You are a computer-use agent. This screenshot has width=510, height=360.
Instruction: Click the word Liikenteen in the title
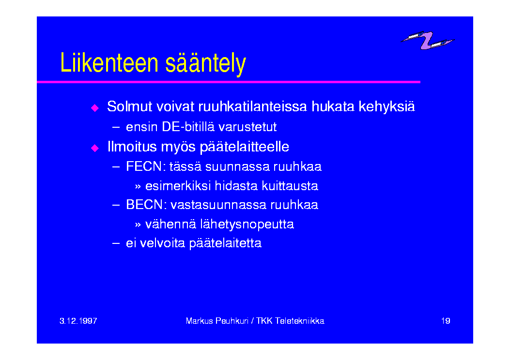tap(109, 63)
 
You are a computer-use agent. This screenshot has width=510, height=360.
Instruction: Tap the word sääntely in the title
tap(205, 64)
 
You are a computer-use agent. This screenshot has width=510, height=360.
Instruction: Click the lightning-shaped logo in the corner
tap(427, 40)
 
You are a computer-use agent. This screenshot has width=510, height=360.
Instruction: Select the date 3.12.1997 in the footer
tap(78, 321)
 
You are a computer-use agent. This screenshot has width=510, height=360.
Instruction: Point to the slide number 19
tap(446, 321)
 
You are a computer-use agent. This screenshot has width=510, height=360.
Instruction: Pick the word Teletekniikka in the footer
tap(300, 321)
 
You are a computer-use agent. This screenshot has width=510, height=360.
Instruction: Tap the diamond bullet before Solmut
tap(95, 108)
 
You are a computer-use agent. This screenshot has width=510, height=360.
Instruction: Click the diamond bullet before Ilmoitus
tap(95, 148)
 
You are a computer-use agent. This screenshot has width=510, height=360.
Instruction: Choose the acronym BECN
tap(144, 205)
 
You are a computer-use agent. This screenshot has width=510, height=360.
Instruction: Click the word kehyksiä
tap(386, 106)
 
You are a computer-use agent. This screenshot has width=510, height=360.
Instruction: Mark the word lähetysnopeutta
tap(247, 224)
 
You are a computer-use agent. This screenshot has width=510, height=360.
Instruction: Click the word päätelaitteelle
tap(244, 147)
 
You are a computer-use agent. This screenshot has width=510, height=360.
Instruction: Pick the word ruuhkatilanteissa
tap(252, 106)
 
